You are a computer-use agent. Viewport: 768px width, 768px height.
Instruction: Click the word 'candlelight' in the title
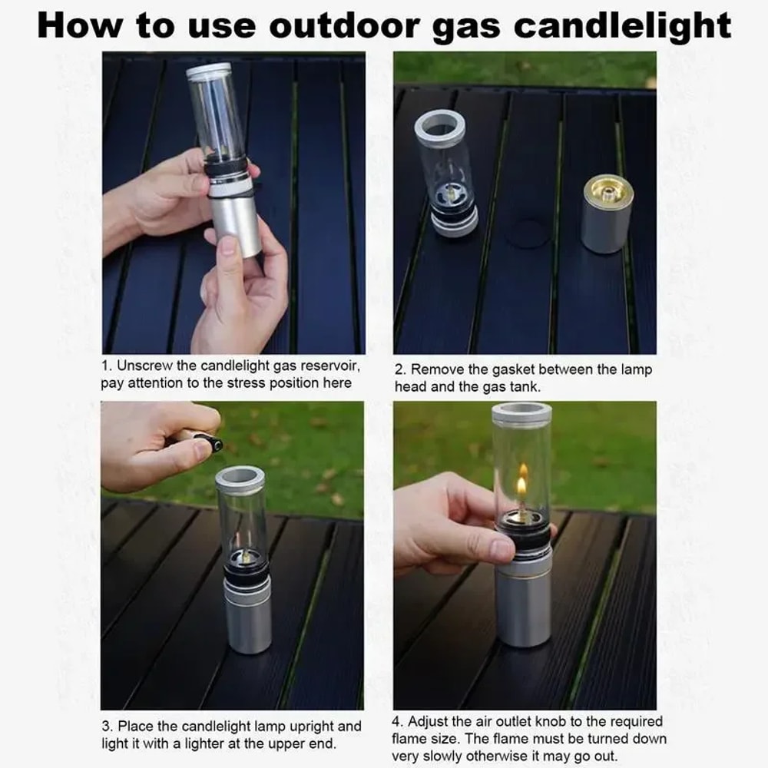point(622,25)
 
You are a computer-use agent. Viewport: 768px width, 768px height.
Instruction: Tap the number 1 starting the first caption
point(105,366)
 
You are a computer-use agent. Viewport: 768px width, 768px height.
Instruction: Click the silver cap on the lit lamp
point(521,413)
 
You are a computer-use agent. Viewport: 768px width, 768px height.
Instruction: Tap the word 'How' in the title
point(80,25)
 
